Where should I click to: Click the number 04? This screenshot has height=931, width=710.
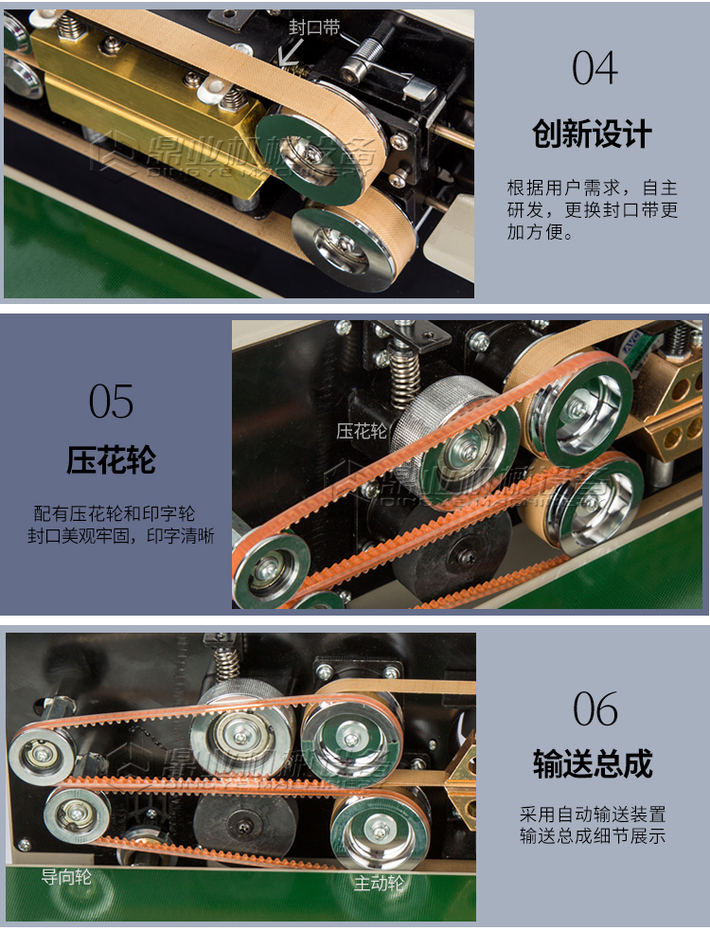pos(595,69)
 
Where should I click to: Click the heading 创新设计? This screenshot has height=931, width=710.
pos(593,134)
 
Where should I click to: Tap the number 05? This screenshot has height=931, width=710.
pos(112,402)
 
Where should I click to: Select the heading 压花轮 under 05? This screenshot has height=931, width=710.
pos(112,461)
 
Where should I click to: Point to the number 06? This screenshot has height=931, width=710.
pos(595,709)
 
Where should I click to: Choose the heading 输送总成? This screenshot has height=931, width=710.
pos(593,763)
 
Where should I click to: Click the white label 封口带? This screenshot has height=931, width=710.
pos(314,27)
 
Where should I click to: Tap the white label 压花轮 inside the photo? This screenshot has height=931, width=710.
pos(362,432)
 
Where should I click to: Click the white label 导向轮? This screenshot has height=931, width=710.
pos(66,877)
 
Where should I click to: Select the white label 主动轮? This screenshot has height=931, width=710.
pos(379,884)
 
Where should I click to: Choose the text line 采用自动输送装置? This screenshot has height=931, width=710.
pos(593,815)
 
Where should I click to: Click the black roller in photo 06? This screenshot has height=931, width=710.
pos(243,824)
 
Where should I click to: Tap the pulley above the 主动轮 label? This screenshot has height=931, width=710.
pos(378,830)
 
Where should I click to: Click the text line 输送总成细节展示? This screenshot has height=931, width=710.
pos(593,836)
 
